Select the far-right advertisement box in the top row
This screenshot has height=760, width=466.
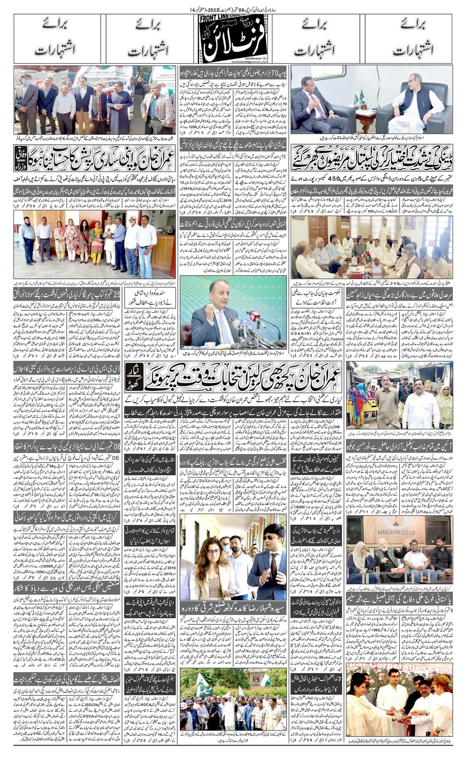409,38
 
